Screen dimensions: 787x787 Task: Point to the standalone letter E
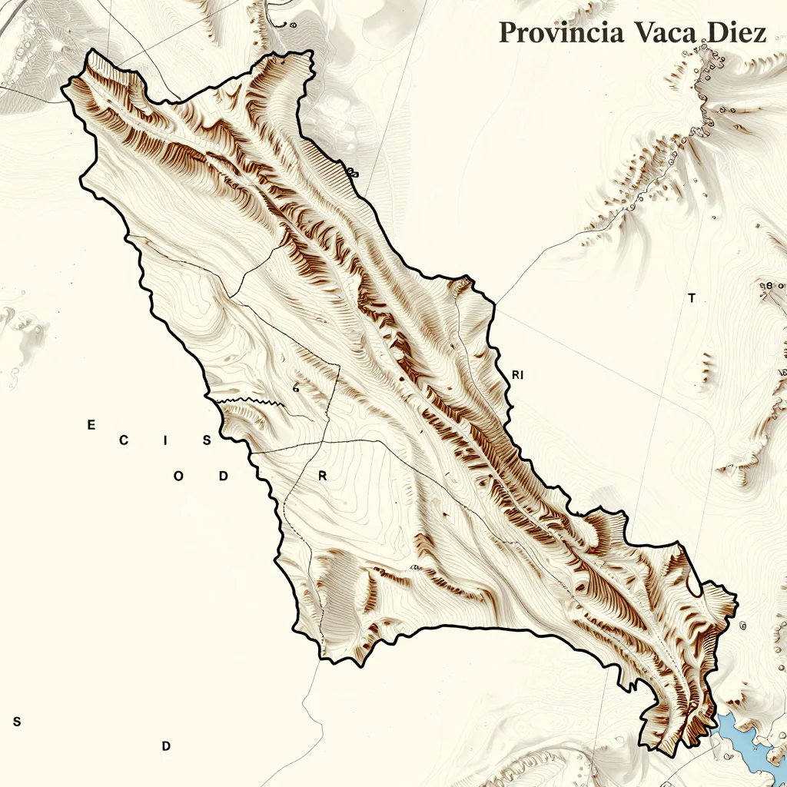91,425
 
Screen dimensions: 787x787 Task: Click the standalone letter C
123,440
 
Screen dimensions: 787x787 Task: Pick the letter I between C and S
165,440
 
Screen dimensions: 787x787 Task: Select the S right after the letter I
207,440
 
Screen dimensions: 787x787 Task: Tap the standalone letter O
178,476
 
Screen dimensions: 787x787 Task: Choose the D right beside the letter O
223,476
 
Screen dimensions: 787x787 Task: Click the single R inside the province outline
323,476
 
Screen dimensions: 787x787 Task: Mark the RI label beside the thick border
517,375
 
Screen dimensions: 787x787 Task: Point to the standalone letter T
692,298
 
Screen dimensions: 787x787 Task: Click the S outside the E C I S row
17,722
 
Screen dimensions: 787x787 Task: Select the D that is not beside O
165,745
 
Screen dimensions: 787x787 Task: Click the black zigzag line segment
246,400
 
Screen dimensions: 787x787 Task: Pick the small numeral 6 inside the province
296,389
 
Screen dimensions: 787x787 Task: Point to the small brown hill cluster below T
706,369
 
